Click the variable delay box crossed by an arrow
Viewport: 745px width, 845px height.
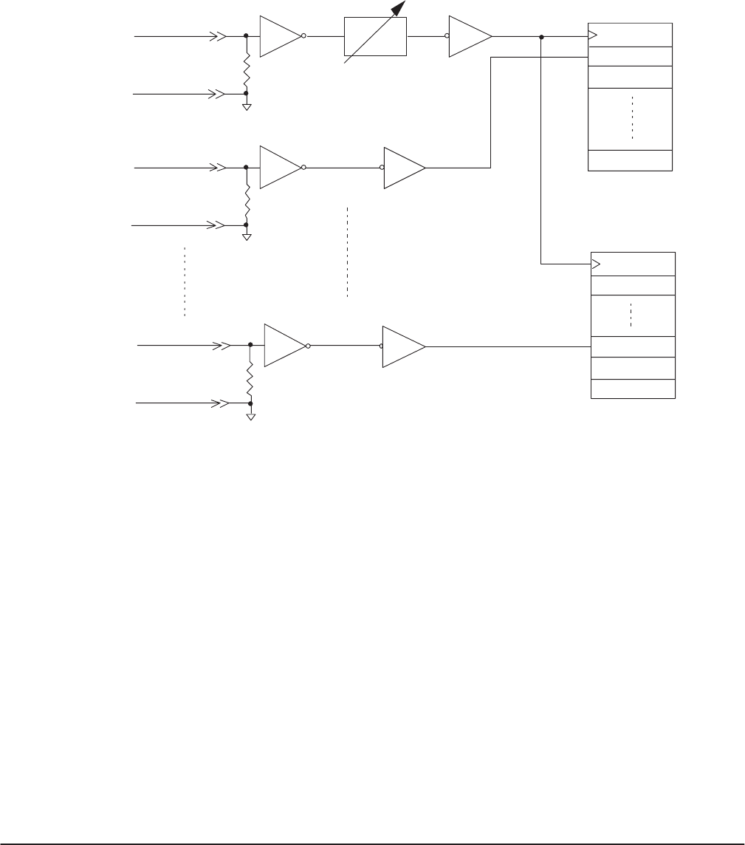(376, 36)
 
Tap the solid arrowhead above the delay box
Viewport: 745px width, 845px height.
(399, 9)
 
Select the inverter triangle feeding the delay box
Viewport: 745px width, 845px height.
(281, 35)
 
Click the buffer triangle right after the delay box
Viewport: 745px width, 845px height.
(471, 36)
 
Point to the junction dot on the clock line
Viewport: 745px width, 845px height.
(541, 37)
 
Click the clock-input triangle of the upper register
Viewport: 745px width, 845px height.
(592, 34)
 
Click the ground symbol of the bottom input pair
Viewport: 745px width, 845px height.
(251, 416)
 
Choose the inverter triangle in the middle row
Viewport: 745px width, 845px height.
(281, 168)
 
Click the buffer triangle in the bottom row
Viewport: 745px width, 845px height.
(403, 346)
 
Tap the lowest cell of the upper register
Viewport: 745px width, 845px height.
(630, 160)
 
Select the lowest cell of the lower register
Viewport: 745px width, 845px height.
(634, 389)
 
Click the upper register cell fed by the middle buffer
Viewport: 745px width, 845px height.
(630, 57)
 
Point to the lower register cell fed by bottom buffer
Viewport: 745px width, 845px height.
(634, 346)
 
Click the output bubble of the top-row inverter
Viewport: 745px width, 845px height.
(303, 35)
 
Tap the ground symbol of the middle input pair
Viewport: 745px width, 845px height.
(247, 236)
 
